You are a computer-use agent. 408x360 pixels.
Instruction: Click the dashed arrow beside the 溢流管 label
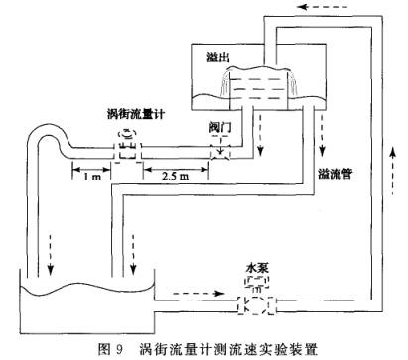coord(322,149)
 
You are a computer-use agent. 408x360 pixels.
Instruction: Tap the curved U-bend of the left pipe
coord(40,134)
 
